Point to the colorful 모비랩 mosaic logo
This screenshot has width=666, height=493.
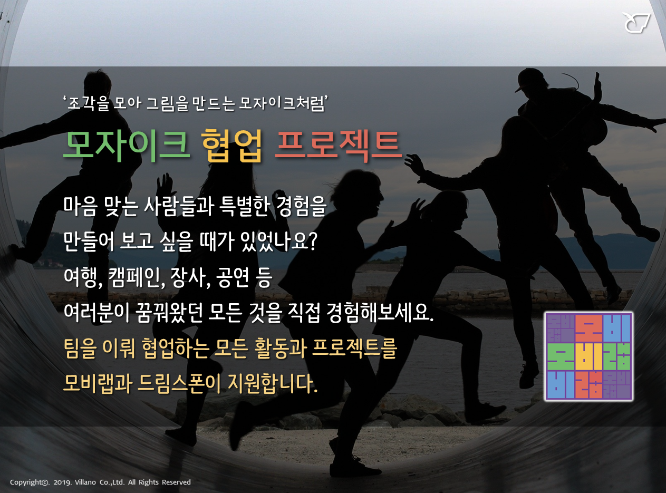[x=589, y=356]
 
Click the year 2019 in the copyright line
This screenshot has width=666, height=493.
[x=62, y=482]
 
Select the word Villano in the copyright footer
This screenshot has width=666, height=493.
[x=85, y=482]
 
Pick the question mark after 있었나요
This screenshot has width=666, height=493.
[x=313, y=241]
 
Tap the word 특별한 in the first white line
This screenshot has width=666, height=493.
[x=244, y=206]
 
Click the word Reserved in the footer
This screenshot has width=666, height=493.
[x=176, y=482]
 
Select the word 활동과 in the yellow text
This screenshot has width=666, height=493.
[x=281, y=349]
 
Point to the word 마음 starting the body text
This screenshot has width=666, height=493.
[x=80, y=206]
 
